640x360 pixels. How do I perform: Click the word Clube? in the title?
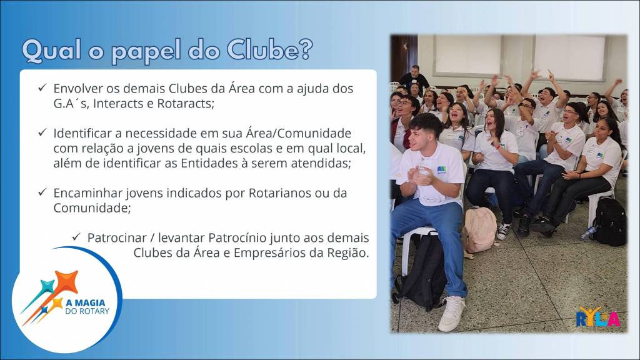pyautogui.click(x=270, y=50)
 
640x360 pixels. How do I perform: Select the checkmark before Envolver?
pyautogui.click(x=42, y=87)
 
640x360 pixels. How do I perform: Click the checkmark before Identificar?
pyautogui.click(x=42, y=132)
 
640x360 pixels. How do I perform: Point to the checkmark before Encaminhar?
pyautogui.click(x=42, y=192)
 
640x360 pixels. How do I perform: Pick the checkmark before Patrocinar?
pyautogui.click(x=76, y=237)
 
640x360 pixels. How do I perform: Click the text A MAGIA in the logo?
pyautogui.click(x=85, y=303)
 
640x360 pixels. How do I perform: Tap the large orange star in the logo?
pyautogui.click(x=66, y=282)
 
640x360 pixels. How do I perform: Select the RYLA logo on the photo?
pyautogui.click(x=597, y=317)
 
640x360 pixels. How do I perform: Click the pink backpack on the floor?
pyautogui.click(x=479, y=230)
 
